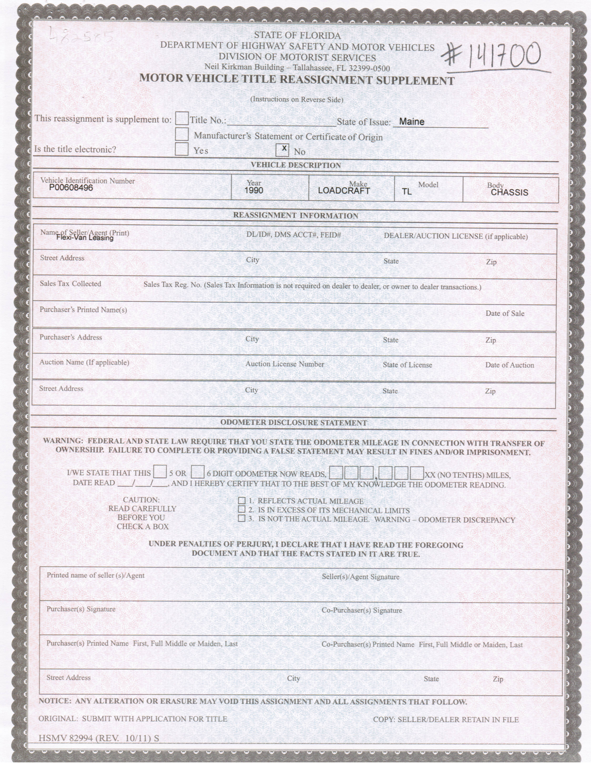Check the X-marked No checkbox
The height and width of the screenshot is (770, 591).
[282, 150]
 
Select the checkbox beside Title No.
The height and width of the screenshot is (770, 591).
[182, 119]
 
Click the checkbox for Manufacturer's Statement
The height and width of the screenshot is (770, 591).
[182, 134]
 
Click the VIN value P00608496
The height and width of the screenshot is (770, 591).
[71, 188]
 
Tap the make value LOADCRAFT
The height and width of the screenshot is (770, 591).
[344, 191]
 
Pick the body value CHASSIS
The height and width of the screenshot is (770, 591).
[509, 192]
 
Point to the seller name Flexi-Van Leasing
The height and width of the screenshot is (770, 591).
[85, 238]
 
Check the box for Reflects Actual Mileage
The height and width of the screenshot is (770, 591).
[242, 501]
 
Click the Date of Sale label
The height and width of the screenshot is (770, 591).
[505, 313]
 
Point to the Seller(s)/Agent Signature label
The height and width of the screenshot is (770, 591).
[361, 577]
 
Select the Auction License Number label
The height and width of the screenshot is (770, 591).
[285, 364]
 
